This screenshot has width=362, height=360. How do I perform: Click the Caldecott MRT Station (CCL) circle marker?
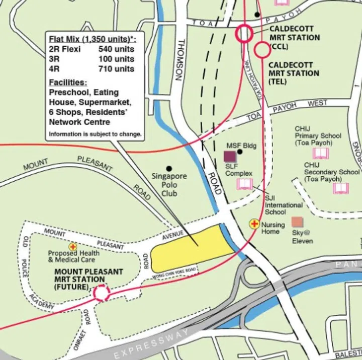pyautogui.click(x=244, y=33)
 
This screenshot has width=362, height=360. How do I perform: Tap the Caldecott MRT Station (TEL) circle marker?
pyautogui.click(x=261, y=50)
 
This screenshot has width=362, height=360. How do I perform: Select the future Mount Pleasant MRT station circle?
pyautogui.click(x=101, y=293)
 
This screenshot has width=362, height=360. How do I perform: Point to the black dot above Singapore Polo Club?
pyautogui.click(x=169, y=168)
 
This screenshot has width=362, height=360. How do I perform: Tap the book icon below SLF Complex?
pyautogui.click(x=244, y=184)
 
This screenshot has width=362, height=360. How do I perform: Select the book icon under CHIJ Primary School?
pyautogui.click(x=320, y=153)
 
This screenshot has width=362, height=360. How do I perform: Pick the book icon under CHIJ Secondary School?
pyautogui.click(x=340, y=188)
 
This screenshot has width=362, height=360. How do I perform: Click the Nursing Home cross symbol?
pyautogui.click(x=255, y=224)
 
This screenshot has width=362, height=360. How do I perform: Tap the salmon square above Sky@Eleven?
pyautogui.click(x=298, y=222)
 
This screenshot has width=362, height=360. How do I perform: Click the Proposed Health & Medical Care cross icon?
pyautogui.click(x=73, y=247)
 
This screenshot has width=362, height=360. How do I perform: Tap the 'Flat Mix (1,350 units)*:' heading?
pyautogui.click(x=93, y=39)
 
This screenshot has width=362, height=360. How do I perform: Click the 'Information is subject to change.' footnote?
pyautogui.click(x=95, y=135)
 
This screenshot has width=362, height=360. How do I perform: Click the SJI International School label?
pyautogui.click(x=284, y=205)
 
